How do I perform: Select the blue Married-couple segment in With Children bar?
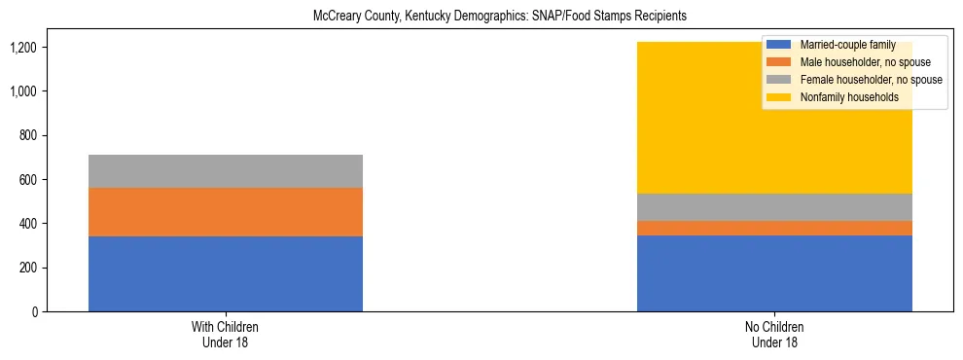[226, 273]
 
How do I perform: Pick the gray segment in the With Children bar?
[226, 171]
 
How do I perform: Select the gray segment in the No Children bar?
[774, 207]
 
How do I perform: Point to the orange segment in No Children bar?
[774, 228]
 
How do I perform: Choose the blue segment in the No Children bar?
[774, 273]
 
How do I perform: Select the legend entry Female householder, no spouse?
[869, 80]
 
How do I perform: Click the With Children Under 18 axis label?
[226, 335]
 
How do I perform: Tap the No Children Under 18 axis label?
[774, 335]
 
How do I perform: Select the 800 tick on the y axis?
[32, 135]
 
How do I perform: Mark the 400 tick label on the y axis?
[32, 224]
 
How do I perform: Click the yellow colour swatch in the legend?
[779, 97]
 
